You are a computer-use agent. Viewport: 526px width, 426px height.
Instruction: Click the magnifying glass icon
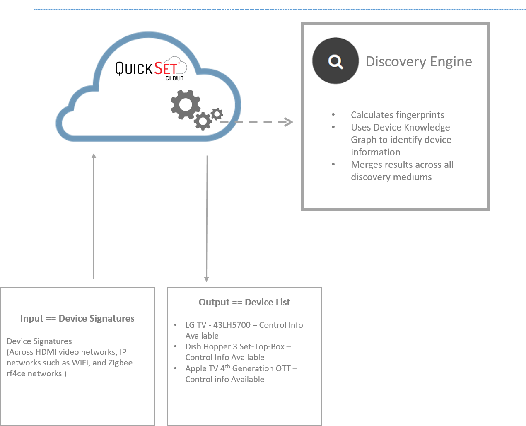pos(335,62)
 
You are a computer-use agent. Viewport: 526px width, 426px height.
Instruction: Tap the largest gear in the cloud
pos(186,104)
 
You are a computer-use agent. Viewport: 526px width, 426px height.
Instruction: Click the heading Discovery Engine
pos(419,62)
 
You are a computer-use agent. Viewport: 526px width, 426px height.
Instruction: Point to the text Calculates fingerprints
pos(397,115)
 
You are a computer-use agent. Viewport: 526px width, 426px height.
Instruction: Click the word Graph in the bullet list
pos(363,140)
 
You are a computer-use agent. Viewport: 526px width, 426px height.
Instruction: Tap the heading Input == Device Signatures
pos(77,318)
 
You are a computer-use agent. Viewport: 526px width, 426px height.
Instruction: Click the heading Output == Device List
pos(244,302)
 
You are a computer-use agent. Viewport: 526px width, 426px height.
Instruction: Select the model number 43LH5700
pos(232,325)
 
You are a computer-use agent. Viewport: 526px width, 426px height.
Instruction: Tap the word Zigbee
pos(121,363)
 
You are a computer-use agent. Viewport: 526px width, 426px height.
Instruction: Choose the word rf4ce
pos(17,373)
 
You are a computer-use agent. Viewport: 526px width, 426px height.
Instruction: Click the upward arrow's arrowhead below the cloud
pos(94,156)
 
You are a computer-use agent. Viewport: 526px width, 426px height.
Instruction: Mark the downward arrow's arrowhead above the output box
pos(207,279)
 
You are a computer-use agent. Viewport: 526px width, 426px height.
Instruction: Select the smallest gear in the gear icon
pos(216,114)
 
